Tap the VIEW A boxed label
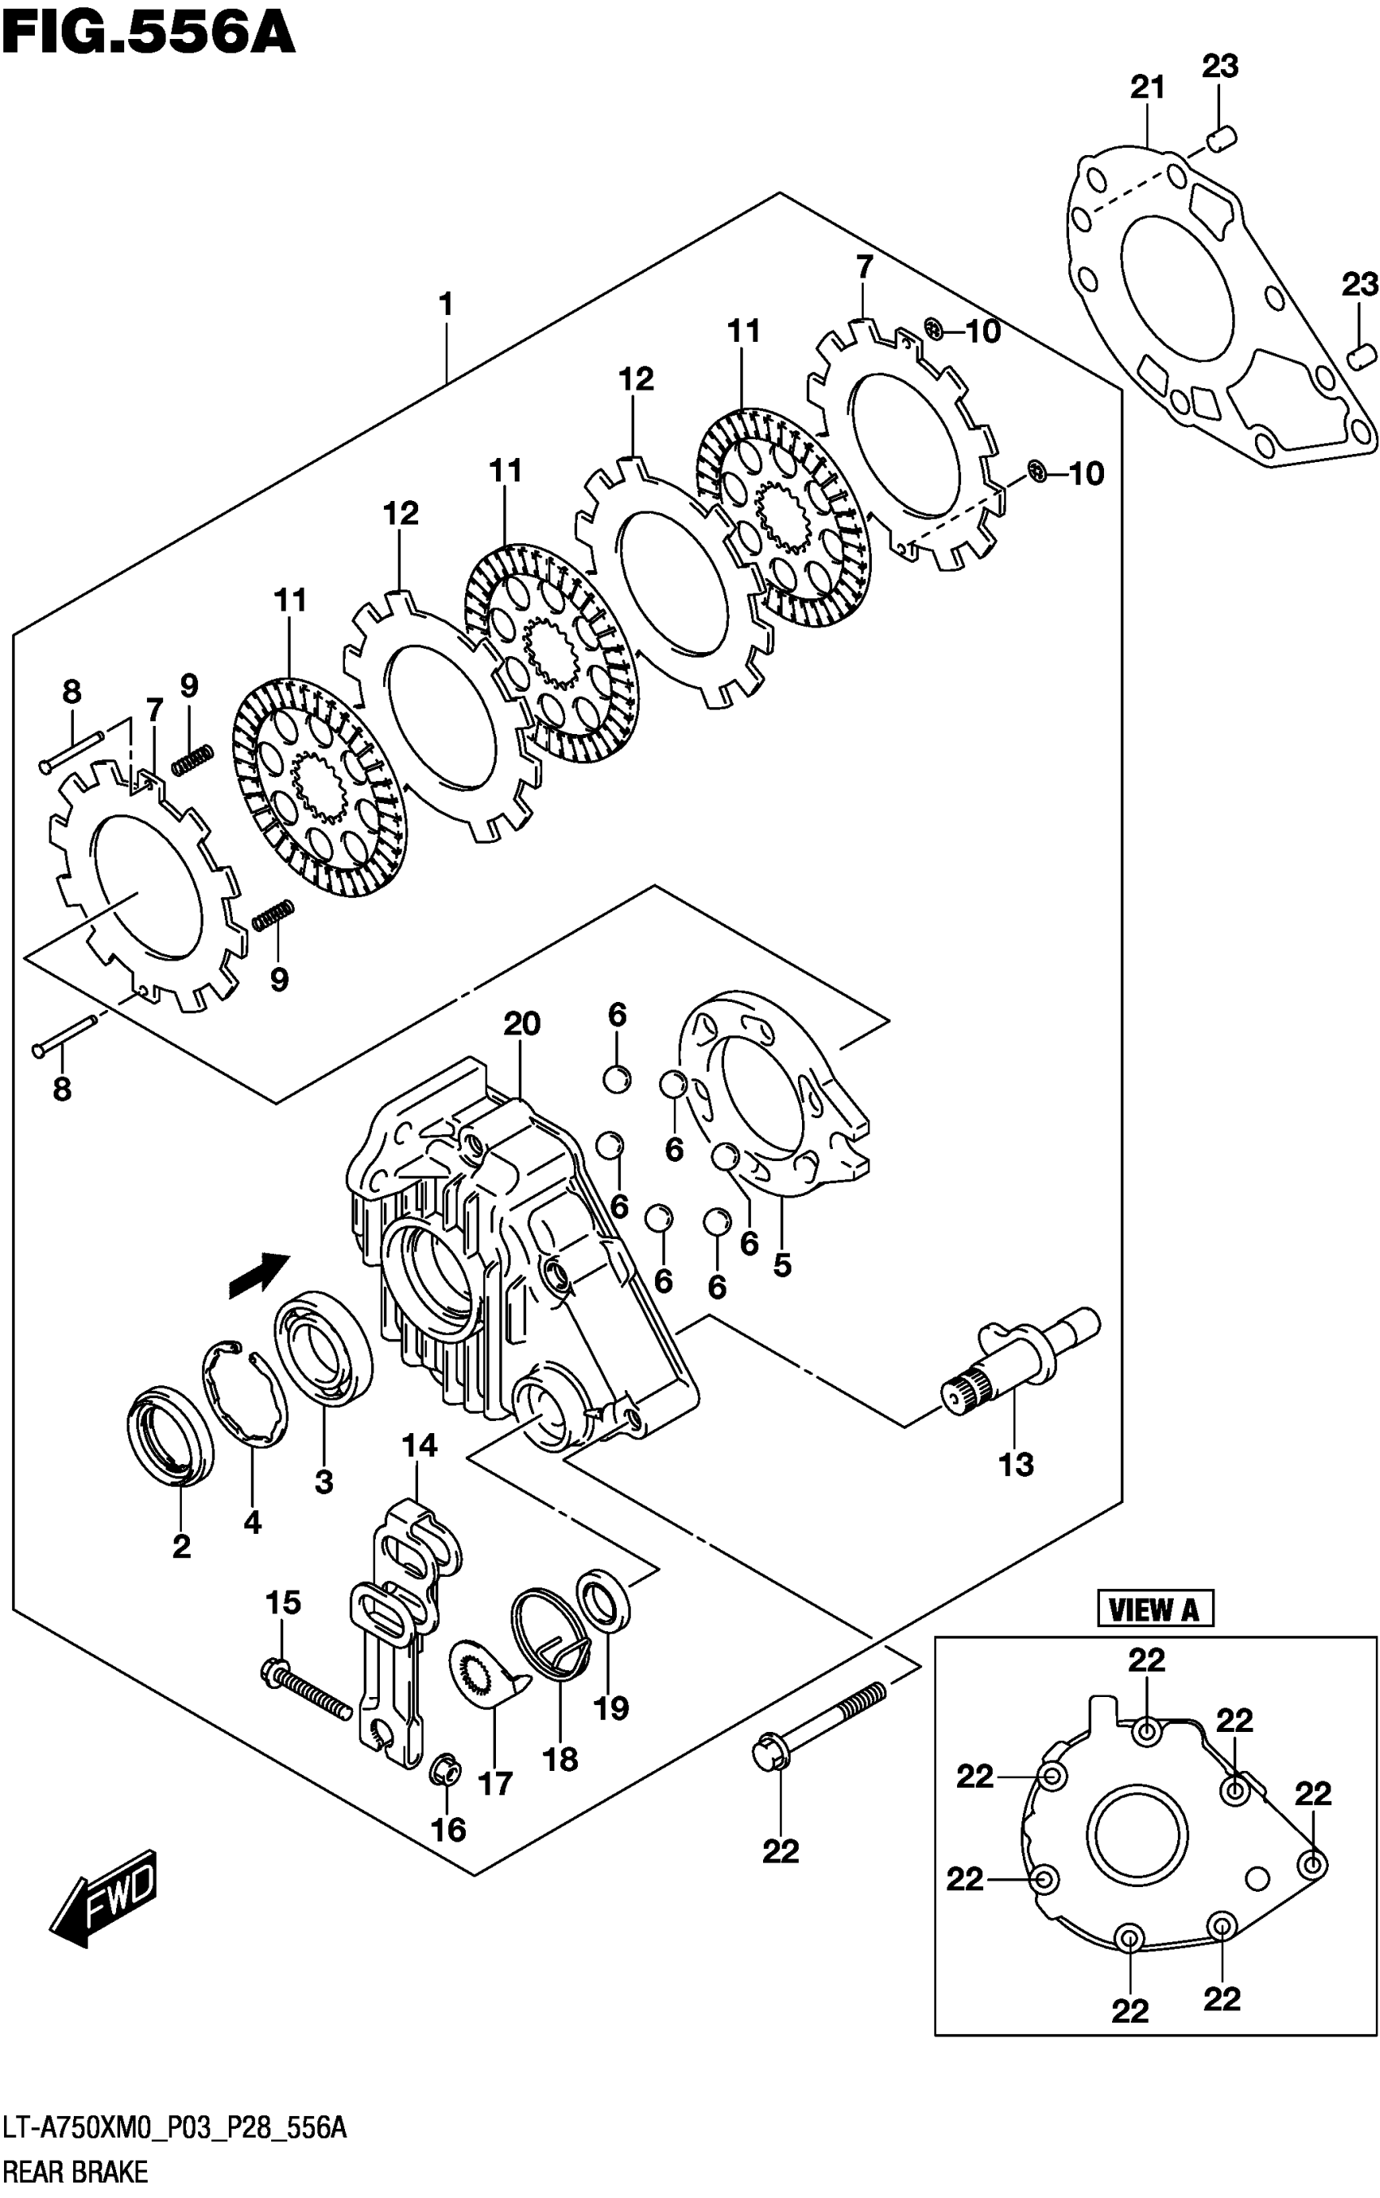pyautogui.click(x=1154, y=1609)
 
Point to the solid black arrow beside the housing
pyautogui.click(x=258, y=1274)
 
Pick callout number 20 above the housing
pyautogui.click(x=522, y=1024)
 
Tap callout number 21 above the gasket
pyautogui.click(x=1147, y=88)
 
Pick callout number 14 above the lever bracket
pyautogui.click(x=419, y=1446)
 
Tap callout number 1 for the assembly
pyautogui.click(x=446, y=304)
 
